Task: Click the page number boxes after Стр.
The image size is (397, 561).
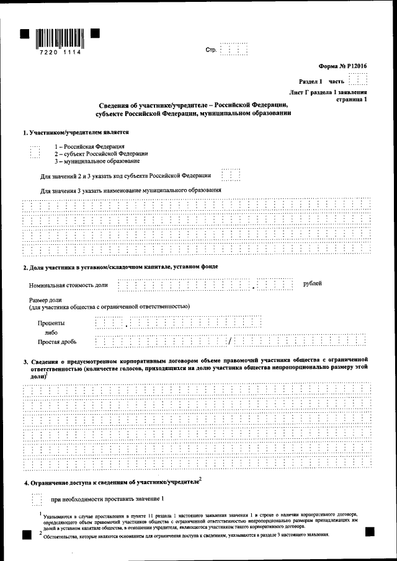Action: pyautogui.click(x=234, y=49)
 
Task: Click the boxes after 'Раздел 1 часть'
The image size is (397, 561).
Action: pyautogui.click(x=357, y=81)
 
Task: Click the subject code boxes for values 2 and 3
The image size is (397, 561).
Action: pyautogui.click(x=231, y=175)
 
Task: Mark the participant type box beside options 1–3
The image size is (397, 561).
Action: pyautogui.click(x=35, y=153)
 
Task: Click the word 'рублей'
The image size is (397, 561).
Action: pyautogui.click(x=312, y=283)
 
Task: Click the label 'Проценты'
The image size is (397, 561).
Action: pyautogui.click(x=51, y=323)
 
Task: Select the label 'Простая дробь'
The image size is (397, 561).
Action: pyautogui.click(x=56, y=342)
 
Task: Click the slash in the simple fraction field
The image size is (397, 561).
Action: pyautogui.click(x=229, y=340)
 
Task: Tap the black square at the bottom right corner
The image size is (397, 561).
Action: pyautogui.click(x=370, y=532)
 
